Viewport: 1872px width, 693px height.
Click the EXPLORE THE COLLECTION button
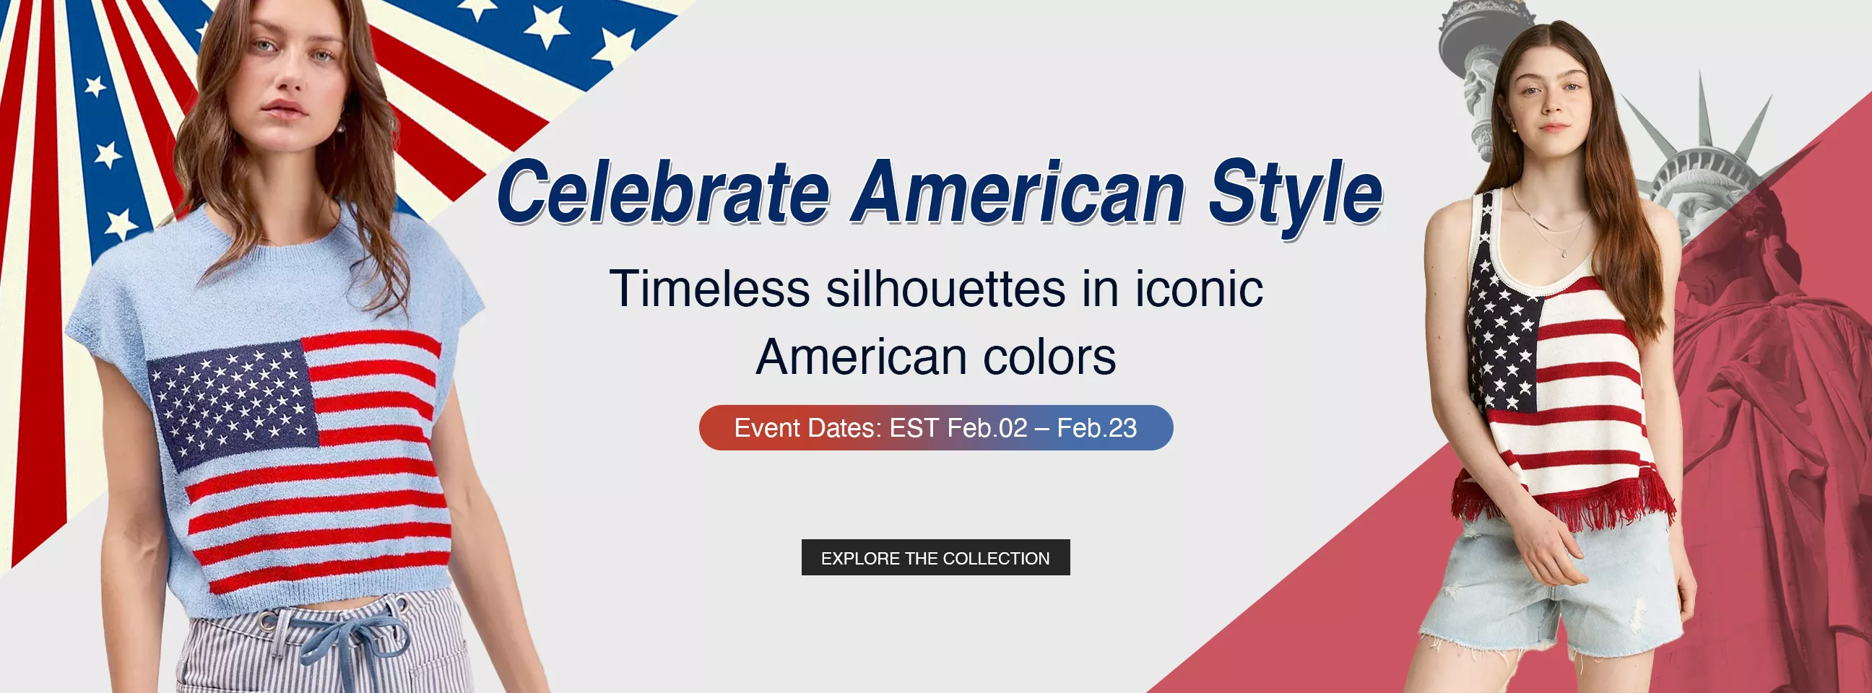[x=935, y=557]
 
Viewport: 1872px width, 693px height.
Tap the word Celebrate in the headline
[x=663, y=192]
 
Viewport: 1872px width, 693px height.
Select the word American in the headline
[x=1019, y=192]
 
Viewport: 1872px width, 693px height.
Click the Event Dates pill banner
[x=936, y=428]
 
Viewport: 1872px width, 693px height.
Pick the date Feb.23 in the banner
[x=1096, y=428]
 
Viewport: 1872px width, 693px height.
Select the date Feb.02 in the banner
[x=987, y=428]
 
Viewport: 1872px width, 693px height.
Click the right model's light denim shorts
[x=1551, y=588]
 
